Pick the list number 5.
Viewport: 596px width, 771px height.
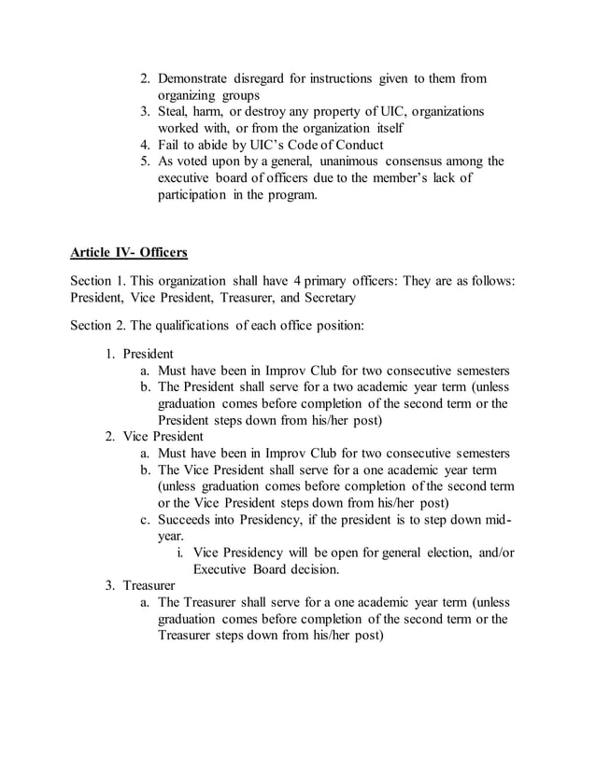tap(146, 161)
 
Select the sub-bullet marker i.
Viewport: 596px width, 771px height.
tap(179, 553)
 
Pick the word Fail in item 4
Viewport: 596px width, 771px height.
tap(169, 145)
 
